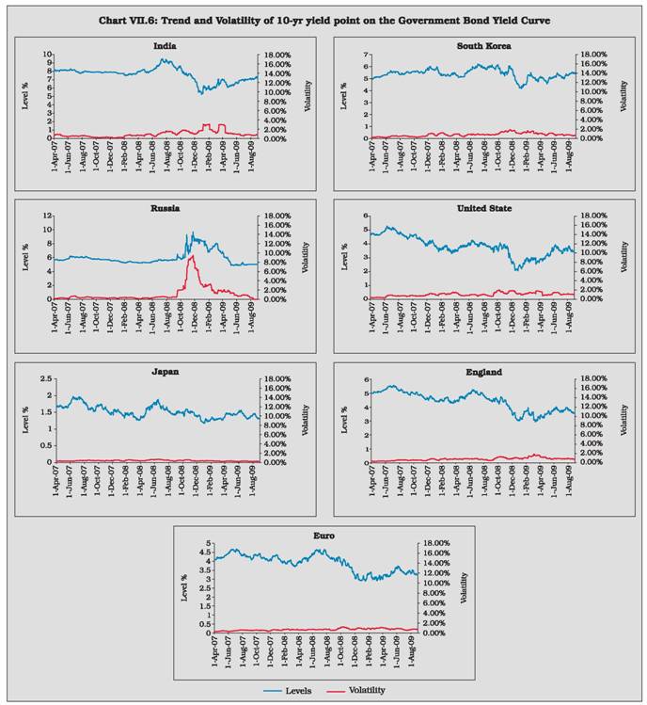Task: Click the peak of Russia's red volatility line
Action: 192,255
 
